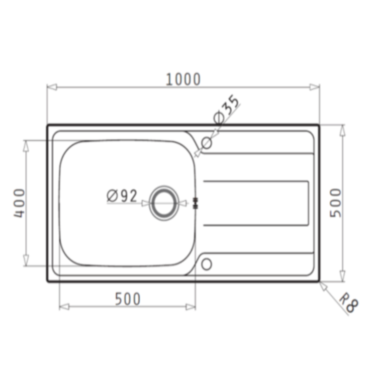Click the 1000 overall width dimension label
click(x=183, y=79)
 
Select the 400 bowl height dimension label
click(x=19, y=203)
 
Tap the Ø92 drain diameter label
click(x=122, y=196)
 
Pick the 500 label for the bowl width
click(x=127, y=299)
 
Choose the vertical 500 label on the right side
click(x=335, y=203)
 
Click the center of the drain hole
click(x=163, y=203)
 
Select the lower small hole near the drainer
click(x=206, y=263)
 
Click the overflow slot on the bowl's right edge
click(x=196, y=203)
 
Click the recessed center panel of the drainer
click(x=255, y=203)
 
